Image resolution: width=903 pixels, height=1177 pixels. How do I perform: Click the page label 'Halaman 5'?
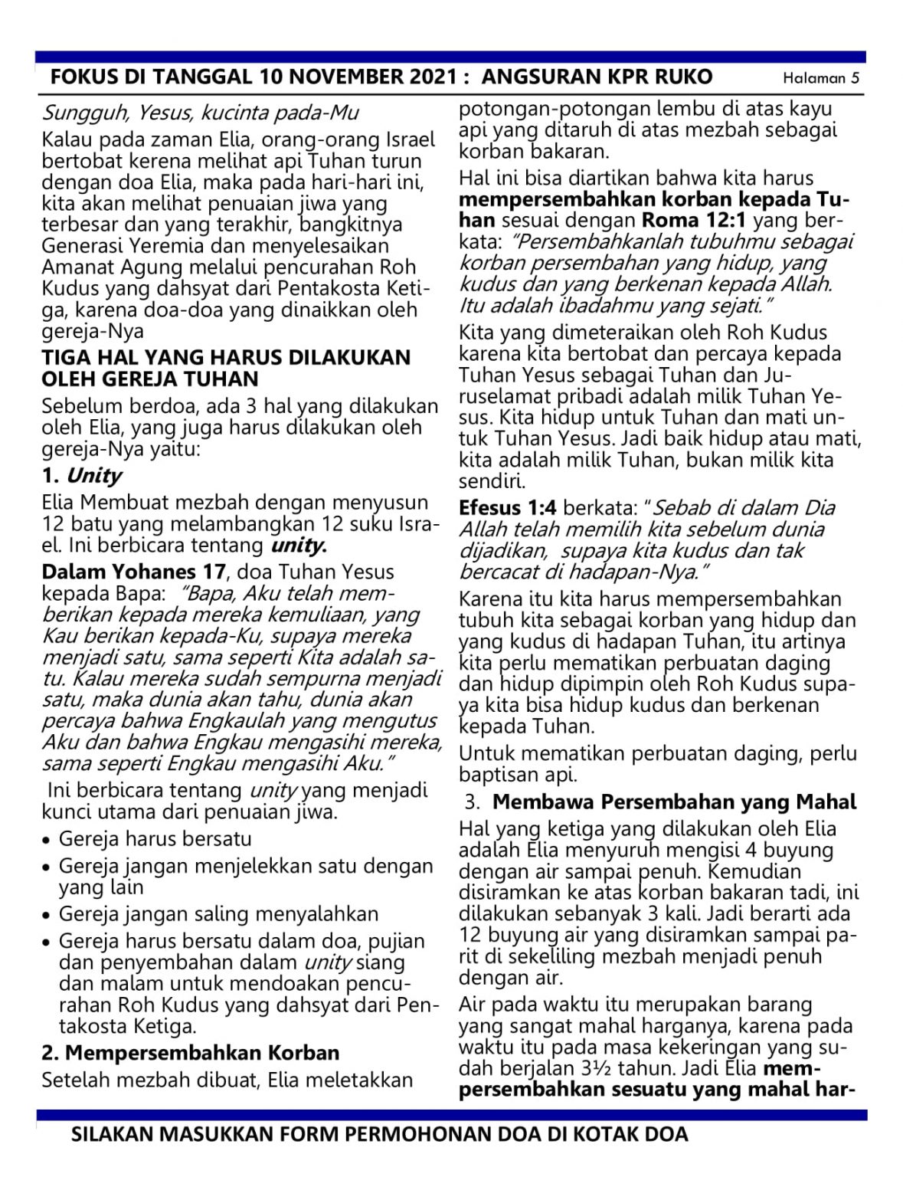click(821, 78)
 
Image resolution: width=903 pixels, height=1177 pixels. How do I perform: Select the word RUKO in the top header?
click(684, 77)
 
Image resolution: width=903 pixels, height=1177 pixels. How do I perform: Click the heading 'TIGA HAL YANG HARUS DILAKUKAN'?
click(226, 357)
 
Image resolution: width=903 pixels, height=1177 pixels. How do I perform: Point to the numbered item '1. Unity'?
click(82, 475)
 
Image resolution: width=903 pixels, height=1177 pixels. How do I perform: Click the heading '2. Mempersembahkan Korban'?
click(191, 1053)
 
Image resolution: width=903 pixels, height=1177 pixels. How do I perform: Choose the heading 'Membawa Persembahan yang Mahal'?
click(674, 802)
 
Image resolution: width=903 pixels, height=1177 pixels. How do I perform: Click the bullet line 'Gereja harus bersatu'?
click(155, 839)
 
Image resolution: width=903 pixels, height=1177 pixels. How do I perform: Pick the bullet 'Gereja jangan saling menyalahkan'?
click(218, 914)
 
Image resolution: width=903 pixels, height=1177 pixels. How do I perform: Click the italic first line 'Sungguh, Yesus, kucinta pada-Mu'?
click(200, 113)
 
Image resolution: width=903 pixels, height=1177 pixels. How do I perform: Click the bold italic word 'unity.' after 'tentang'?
click(299, 546)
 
